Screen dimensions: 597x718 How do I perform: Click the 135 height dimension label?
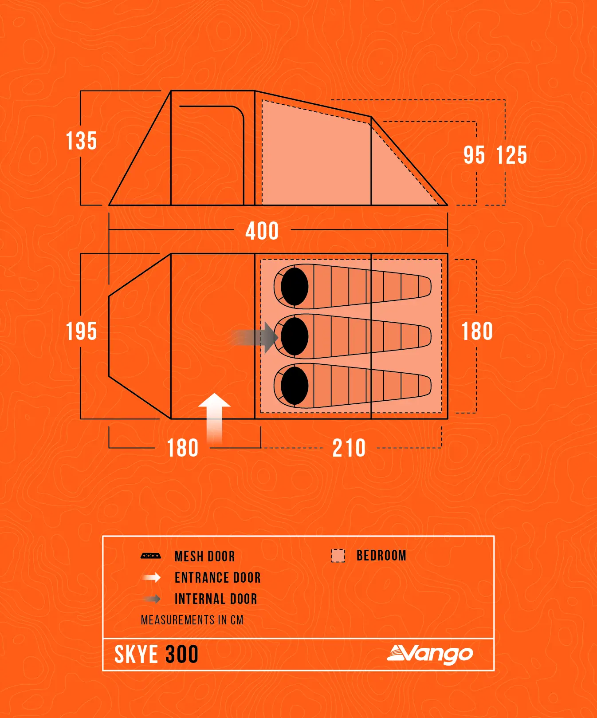82,141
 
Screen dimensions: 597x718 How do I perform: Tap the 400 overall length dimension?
262,231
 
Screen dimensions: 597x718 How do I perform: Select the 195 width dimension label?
82,331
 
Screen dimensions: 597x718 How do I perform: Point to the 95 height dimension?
474,155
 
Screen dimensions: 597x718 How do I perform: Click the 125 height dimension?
512,155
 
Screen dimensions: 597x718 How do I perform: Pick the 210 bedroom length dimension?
349,448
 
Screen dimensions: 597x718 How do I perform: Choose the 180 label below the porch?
183,448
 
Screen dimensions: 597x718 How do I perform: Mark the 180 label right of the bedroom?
477,331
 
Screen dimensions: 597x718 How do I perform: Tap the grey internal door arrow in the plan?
255,338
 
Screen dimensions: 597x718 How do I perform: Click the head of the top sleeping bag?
295,287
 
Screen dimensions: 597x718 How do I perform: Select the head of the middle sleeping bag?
295,336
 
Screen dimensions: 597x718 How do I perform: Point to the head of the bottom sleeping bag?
295,386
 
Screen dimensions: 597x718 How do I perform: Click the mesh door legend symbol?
151,556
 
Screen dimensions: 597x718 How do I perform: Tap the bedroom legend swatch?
338,556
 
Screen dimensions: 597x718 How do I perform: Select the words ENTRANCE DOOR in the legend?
218,577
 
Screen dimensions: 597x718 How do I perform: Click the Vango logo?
430,654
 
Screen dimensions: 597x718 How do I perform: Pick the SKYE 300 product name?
156,655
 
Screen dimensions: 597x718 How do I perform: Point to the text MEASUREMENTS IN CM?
192,620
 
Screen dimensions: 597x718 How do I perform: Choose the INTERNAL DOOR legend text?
216,599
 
